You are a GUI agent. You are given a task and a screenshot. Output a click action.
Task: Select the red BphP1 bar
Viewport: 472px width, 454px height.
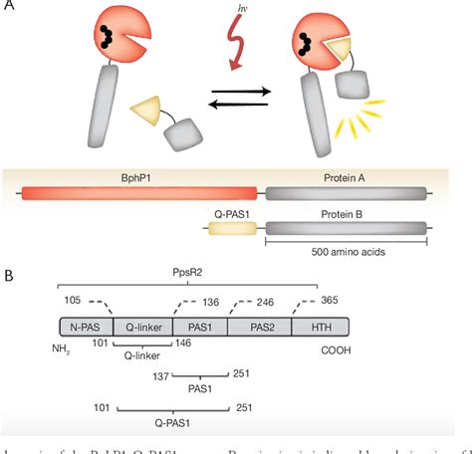pos(139,195)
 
